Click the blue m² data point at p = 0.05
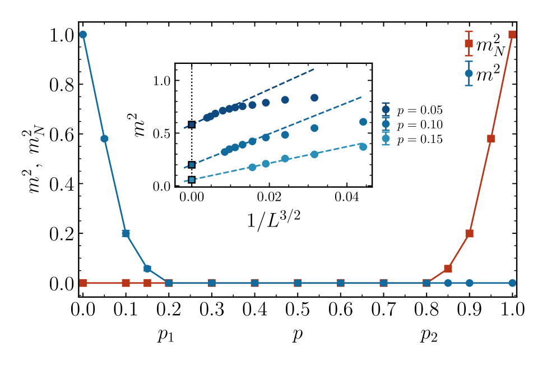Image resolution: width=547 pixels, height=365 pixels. [104, 138]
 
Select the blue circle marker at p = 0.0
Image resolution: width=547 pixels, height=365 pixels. [83, 35]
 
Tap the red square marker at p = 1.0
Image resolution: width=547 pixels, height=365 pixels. [512, 35]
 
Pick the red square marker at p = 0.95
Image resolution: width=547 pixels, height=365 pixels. [491, 138]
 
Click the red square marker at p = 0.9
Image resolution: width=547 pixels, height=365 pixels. [470, 233]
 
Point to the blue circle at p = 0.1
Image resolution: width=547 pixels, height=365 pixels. [126, 233]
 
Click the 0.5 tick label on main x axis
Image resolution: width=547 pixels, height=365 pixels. [298, 309]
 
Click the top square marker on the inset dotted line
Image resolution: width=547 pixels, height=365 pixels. [192, 124]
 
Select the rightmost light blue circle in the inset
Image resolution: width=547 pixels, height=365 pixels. [363, 146]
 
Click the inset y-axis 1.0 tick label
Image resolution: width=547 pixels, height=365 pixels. [163, 81]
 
